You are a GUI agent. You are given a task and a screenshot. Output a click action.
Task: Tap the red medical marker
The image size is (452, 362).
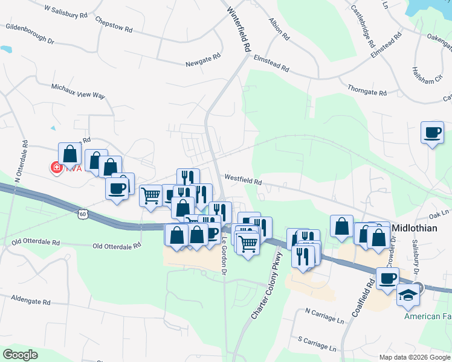pyautogui.click(x=57, y=168)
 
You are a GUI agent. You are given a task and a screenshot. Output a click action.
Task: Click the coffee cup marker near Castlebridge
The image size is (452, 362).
pyautogui.click(x=433, y=132)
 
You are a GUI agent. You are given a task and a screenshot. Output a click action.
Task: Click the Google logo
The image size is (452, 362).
pyautogui.click(x=20, y=354)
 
